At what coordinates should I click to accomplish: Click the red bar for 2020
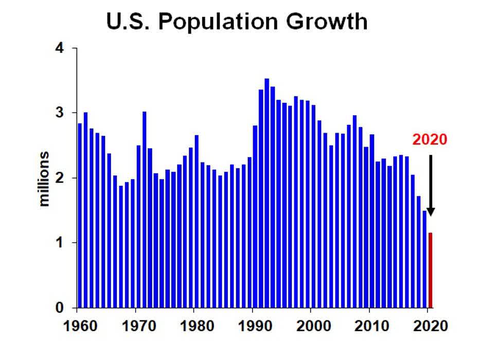click(431, 270)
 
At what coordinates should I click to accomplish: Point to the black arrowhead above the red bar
click(431, 211)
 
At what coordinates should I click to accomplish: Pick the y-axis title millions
click(45, 178)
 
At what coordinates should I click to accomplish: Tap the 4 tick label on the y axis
click(60, 48)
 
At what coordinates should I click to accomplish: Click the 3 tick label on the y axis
click(60, 113)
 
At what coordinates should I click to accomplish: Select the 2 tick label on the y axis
click(60, 178)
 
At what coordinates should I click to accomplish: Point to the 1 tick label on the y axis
click(60, 243)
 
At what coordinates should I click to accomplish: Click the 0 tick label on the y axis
click(60, 308)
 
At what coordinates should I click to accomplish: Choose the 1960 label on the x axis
click(77, 326)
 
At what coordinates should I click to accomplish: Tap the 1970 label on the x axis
click(135, 326)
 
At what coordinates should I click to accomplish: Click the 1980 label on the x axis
click(194, 326)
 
